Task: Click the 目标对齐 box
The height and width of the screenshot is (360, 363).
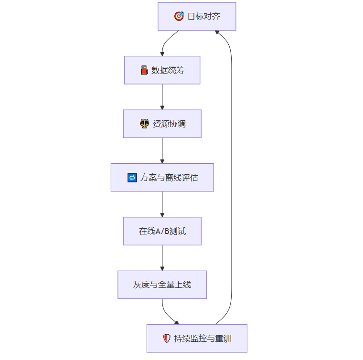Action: (197, 17)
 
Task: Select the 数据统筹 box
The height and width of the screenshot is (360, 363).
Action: (162, 70)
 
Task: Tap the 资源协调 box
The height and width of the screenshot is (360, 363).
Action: (162, 124)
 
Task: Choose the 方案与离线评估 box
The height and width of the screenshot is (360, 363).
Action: (162, 178)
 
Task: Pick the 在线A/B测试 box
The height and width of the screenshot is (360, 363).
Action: (162, 231)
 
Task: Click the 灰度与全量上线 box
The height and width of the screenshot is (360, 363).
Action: (162, 285)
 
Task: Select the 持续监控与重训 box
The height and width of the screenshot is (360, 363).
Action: (197, 339)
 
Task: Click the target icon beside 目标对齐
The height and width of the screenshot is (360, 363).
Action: (179, 17)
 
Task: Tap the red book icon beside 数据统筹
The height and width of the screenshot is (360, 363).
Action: (144, 70)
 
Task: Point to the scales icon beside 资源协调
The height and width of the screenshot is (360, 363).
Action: (144, 124)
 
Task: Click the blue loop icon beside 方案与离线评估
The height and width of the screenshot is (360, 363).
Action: (132, 178)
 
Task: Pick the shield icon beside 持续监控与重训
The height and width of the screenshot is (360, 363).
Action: (167, 339)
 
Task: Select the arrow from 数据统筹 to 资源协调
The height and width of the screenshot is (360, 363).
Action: (162, 97)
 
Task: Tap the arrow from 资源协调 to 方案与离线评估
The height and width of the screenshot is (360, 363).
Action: (162, 150)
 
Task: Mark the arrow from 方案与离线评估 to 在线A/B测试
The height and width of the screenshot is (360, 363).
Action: (162, 204)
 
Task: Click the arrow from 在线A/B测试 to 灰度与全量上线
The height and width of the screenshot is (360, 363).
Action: (162, 258)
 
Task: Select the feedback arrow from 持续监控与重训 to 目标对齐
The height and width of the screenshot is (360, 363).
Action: (232, 177)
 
